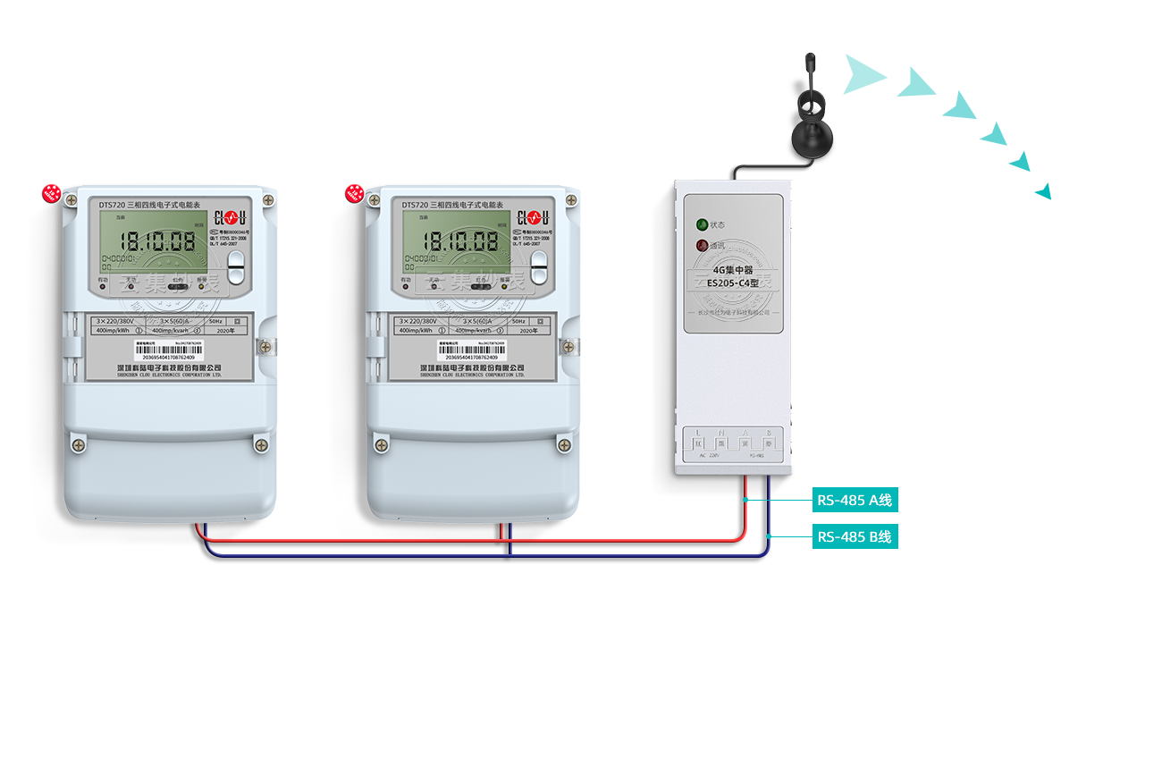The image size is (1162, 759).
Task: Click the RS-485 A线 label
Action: [x=855, y=501]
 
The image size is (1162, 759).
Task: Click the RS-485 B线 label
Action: [x=855, y=537]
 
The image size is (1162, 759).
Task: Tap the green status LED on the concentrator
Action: [x=702, y=224]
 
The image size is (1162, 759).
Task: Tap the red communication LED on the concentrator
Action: [x=702, y=245]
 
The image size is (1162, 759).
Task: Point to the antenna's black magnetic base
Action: [x=813, y=139]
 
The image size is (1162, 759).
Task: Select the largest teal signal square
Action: [x=865, y=74]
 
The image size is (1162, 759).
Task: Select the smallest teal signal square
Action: [x=1042, y=191]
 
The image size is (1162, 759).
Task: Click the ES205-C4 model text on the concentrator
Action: [x=732, y=283]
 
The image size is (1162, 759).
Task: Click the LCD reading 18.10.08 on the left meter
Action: [x=158, y=240]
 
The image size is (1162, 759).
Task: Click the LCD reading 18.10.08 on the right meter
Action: [x=460, y=240]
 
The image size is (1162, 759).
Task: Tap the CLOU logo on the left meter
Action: [x=230, y=217]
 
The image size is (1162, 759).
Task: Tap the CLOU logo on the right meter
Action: [x=533, y=217]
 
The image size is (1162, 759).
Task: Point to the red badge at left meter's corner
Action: [x=53, y=194]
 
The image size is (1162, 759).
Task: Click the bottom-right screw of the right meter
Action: [x=564, y=443]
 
